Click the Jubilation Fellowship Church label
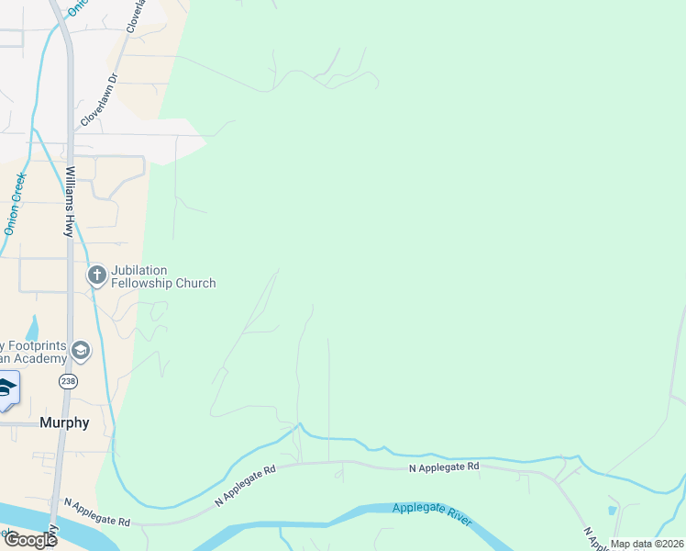[x=163, y=276]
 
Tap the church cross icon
[x=96, y=275]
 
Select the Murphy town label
[x=64, y=423]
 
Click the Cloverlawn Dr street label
[x=100, y=100]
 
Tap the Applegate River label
[x=432, y=514]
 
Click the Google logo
[x=30, y=540]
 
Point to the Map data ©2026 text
[x=647, y=544]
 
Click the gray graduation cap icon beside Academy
[x=81, y=350]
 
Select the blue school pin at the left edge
[x=7, y=389]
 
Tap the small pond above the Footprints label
[x=33, y=327]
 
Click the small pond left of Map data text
[x=612, y=510]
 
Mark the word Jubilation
[x=139, y=270]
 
